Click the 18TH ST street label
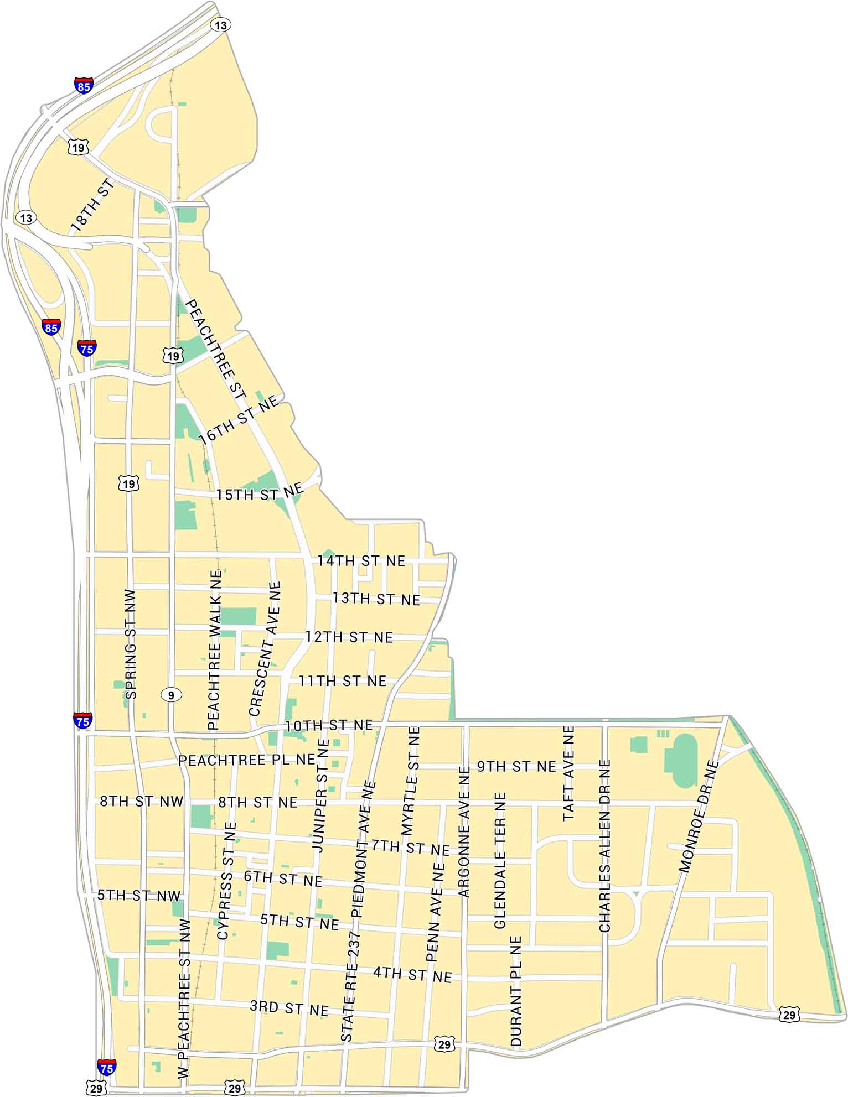92,205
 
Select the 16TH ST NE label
239,421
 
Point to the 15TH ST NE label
260,492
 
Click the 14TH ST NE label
361,561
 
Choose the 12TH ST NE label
349,637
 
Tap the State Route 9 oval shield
172,695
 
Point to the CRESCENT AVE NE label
265,648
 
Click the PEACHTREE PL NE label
247,760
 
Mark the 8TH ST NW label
141,802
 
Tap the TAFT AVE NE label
569,773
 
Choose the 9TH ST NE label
516,767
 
